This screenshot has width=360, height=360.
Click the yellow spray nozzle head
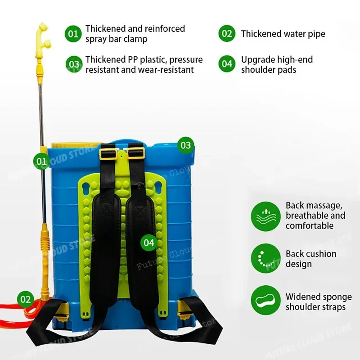tap(43, 35)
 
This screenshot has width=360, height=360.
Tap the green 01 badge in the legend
tap(73, 34)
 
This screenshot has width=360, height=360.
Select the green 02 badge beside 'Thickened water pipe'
tap(227, 33)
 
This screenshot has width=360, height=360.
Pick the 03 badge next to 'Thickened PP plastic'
tap(74, 64)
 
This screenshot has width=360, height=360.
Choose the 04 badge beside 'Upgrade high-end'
tap(227, 64)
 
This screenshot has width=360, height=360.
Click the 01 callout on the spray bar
tap(41, 161)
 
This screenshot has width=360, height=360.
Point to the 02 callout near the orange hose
tap(26, 299)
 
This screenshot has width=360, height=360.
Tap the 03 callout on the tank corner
tap(185, 145)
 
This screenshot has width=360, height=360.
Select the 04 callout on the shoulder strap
tap(149, 243)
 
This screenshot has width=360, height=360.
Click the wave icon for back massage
tap(265, 216)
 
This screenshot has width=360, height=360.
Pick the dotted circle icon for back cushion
tap(265, 258)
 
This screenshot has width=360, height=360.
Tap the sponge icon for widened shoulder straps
tap(265, 300)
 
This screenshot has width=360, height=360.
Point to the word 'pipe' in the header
tap(316, 34)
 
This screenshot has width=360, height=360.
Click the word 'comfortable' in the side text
tap(310, 226)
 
